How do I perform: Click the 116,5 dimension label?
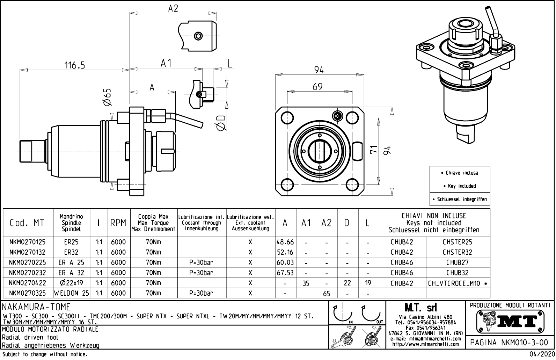tap(74, 65)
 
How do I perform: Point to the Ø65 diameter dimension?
tap(107, 97)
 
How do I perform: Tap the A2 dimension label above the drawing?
tap(173, 8)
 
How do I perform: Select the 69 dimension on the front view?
tap(317, 87)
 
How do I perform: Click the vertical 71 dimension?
tap(374, 150)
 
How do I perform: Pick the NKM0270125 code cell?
tap(27, 242)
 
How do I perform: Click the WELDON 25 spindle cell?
tap(72, 293)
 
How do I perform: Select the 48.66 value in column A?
tap(285, 242)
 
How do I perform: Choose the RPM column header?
tap(118, 223)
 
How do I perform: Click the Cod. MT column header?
tap(27, 223)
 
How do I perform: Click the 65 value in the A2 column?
tap(327, 294)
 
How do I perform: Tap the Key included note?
tap(460, 186)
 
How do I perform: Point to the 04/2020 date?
tap(542, 354)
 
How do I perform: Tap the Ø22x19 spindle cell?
tap(72, 283)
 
